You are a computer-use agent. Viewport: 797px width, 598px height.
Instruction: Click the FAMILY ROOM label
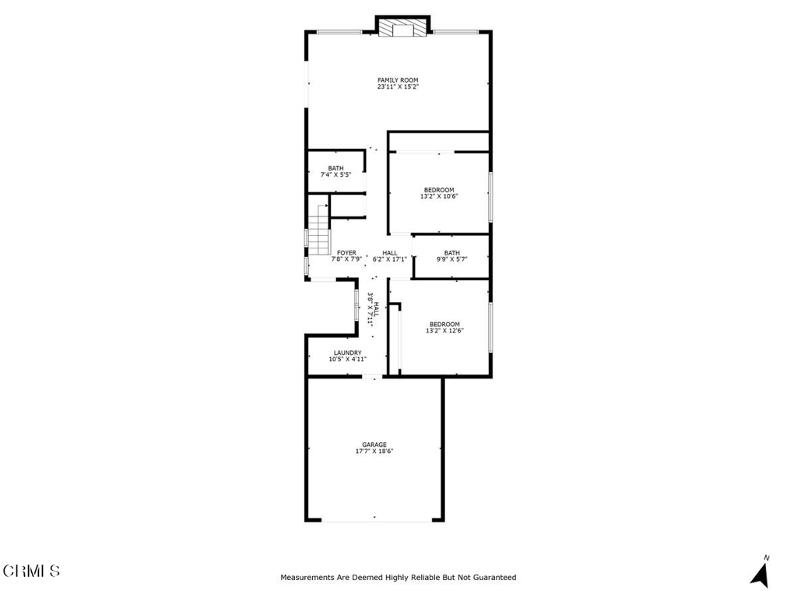pyautogui.click(x=398, y=80)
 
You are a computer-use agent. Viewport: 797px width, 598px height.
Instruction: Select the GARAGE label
pyautogui.click(x=374, y=445)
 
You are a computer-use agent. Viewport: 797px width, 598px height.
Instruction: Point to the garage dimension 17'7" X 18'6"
pyautogui.click(x=374, y=452)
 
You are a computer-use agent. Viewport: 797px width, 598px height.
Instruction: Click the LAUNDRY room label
pyautogui.click(x=347, y=353)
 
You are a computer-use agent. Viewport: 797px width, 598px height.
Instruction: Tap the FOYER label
pyautogui.click(x=346, y=253)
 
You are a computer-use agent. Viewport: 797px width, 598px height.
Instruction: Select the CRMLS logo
pyautogui.click(x=31, y=571)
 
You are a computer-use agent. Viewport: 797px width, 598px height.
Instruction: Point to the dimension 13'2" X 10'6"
pyautogui.click(x=439, y=197)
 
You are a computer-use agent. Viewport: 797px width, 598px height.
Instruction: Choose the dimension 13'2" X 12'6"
pyautogui.click(x=444, y=331)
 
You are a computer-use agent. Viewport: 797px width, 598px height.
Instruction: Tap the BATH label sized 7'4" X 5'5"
pyautogui.click(x=335, y=168)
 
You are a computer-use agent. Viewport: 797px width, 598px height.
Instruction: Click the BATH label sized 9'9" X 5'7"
pyautogui.click(x=452, y=253)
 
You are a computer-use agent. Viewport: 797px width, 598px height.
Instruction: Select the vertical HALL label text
pyautogui.click(x=377, y=308)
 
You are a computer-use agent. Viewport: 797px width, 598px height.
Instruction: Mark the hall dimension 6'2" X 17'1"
pyautogui.click(x=390, y=259)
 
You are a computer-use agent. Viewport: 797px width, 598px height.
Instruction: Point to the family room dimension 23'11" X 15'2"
pyautogui.click(x=398, y=87)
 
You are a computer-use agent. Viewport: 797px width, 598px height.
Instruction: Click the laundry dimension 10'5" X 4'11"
pyautogui.click(x=347, y=360)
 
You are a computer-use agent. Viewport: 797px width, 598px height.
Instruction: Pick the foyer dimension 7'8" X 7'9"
pyautogui.click(x=346, y=259)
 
